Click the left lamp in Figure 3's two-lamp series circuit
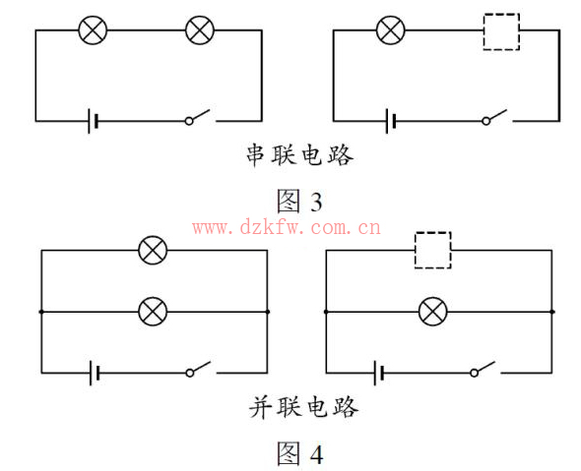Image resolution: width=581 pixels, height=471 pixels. pyautogui.click(x=93, y=30)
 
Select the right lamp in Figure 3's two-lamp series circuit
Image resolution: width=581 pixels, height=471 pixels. pyautogui.click(x=200, y=30)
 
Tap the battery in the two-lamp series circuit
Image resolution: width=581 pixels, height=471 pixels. pyautogui.click(x=93, y=121)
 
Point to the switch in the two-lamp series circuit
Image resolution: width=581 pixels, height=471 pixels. pyautogui.click(x=198, y=117)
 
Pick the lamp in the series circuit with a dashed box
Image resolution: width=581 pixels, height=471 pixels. pyautogui.click(x=391, y=30)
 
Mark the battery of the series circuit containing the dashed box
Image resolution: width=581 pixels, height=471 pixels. pyautogui.click(x=390, y=121)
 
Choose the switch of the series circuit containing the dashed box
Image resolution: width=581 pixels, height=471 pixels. pyautogui.click(x=495, y=117)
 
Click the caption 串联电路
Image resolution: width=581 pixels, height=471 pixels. pyautogui.click(x=300, y=154)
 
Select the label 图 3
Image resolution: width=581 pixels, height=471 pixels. pyautogui.click(x=299, y=201)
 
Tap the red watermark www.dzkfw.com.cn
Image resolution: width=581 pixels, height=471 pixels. pyautogui.click(x=287, y=227)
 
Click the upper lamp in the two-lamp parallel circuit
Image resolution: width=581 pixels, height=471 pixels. pyautogui.click(x=153, y=250)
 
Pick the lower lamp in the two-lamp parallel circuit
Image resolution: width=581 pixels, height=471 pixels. pyautogui.click(x=153, y=312)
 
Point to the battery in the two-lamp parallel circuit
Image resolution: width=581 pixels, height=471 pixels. pyautogui.click(x=95, y=373)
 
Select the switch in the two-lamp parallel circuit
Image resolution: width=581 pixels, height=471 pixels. pyautogui.click(x=199, y=369)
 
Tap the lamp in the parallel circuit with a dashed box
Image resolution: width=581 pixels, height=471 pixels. pyautogui.click(x=432, y=312)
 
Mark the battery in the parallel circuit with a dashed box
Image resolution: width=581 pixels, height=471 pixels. pyautogui.click(x=379, y=373)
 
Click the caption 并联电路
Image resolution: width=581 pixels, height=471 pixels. pyautogui.click(x=304, y=407)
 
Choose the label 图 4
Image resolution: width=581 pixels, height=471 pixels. pyautogui.click(x=300, y=453)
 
